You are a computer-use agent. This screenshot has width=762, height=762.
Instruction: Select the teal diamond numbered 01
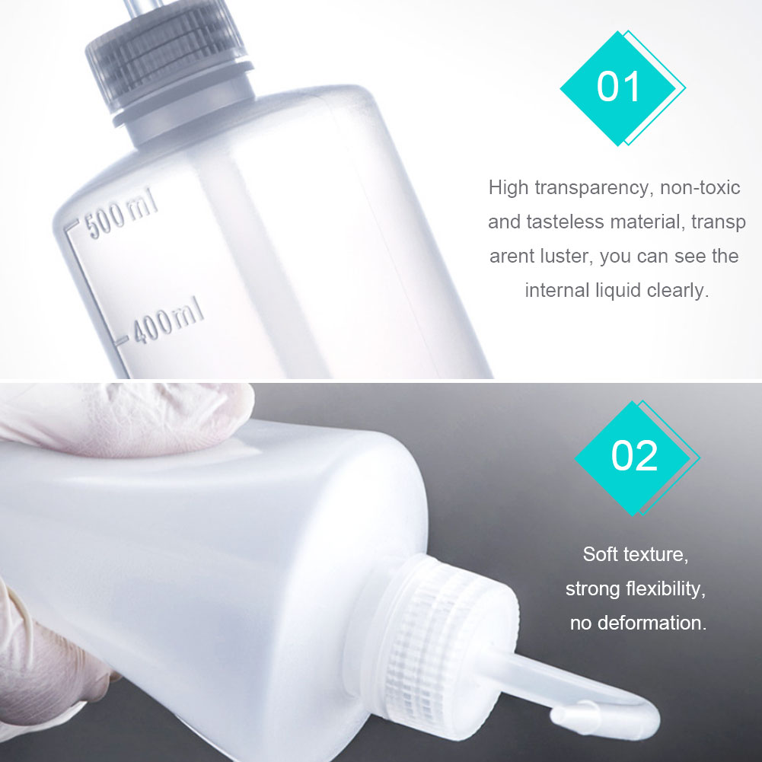pyautogui.click(x=618, y=88)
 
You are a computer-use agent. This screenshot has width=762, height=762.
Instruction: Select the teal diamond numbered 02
pyautogui.click(x=633, y=456)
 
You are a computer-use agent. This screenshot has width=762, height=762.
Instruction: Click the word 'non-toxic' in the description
pyautogui.click(x=700, y=187)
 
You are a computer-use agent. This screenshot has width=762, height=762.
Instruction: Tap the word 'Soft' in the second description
pyautogui.click(x=600, y=554)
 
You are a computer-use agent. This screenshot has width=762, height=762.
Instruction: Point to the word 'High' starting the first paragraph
pyautogui.click(x=509, y=187)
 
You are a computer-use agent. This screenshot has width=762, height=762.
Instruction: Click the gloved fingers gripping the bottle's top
pyautogui.click(x=129, y=415)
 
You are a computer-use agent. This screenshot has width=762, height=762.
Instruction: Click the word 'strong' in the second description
pyautogui.click(x=592, y=588)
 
